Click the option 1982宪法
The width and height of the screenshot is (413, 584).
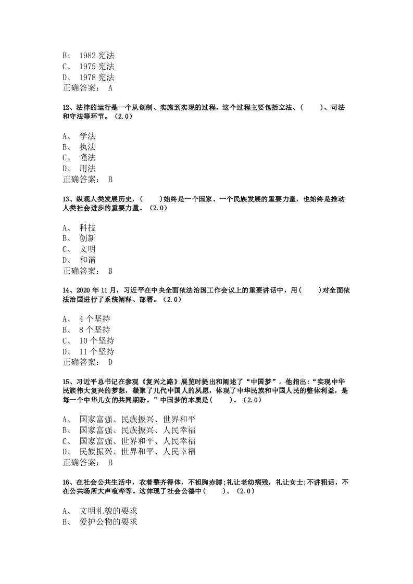[x=96, y=55]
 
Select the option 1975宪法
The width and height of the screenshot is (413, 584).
[x=96, y=66]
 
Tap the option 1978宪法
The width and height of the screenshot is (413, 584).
[x=96, y=77]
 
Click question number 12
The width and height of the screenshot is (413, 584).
[x=66, y=107]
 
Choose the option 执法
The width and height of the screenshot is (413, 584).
[x=87, y=147]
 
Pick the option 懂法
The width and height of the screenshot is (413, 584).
[x=87, y=158]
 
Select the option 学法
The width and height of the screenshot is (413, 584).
[x=87, y=136]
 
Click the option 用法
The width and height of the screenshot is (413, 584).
[x=87, y=169]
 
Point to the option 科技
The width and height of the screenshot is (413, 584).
[x=87, y=227]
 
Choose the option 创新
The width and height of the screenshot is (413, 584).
[x=87, y=238]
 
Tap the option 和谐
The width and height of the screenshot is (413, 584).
[x=87, y=260]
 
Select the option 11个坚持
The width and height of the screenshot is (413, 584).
[x=96, y=351]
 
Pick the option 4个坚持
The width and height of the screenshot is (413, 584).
[x=94, y=319]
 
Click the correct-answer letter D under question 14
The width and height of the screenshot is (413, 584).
[x=110, y=362]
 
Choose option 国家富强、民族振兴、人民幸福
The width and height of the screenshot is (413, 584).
[x=137, y=430]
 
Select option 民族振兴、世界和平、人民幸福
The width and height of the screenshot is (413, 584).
[x=137, y=451]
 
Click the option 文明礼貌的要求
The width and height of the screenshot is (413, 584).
[x=108, y=511]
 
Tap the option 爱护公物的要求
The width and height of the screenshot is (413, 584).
[x=108, y=522]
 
